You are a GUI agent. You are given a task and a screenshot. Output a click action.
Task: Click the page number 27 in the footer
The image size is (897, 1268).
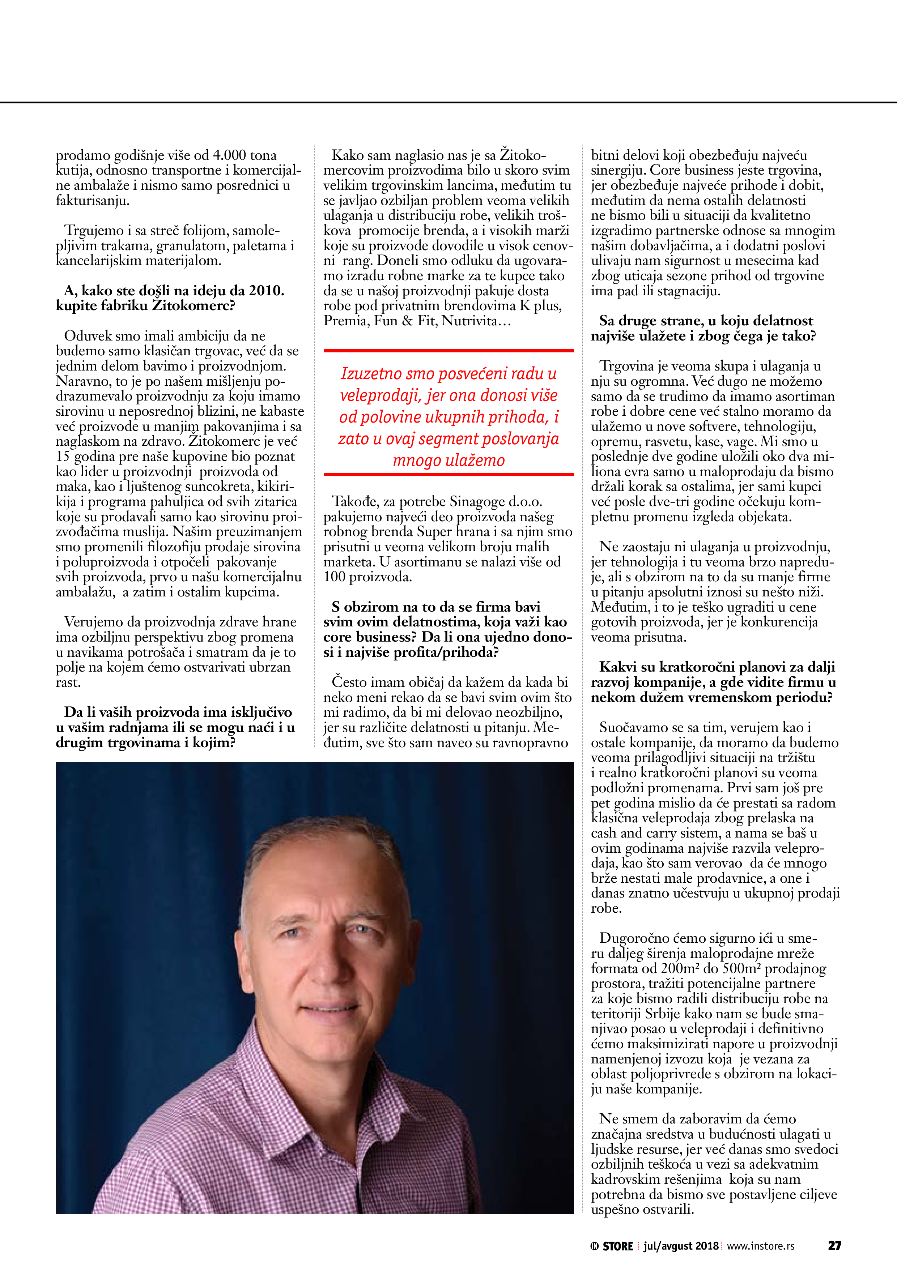pyautogui.click(x=834, y=1245)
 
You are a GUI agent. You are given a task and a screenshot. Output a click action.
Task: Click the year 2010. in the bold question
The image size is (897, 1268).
pyautogui.click(x=266, y=291)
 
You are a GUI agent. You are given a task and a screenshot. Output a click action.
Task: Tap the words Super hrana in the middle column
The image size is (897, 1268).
pyautogui.click(x=454, y=532)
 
